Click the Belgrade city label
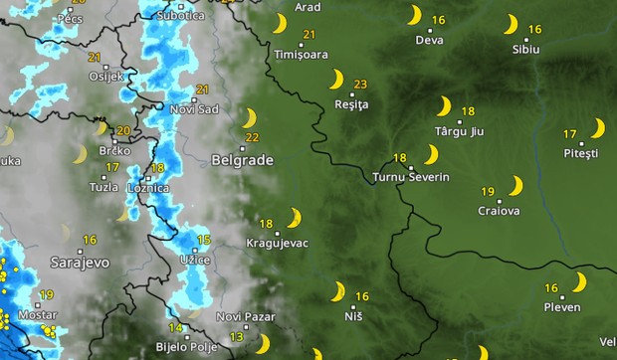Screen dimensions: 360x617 click(x=236, y=158)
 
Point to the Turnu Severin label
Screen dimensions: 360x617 click(x=410, y=177)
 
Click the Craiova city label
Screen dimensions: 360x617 click(x=498, y=211)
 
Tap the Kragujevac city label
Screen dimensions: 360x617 click(x=276, y=243)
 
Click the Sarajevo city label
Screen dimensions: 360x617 click(x=80, y=262)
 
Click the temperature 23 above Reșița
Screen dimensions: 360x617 click(x=360, y=84)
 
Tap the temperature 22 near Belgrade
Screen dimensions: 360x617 click(x=252, y=137)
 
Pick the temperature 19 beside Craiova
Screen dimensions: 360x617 click(x=488, y=191)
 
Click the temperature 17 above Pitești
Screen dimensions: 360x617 click(x=570, y=133)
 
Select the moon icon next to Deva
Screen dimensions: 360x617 click(x=414, y=16)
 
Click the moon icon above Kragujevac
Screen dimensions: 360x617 click(x=295, y=217)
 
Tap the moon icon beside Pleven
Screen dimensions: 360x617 click(x=579, y=282)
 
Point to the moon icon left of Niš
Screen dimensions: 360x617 click(x=338, y=291)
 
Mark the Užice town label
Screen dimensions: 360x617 click(x=194, y=260)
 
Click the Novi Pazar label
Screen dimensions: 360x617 click(x=242, y=316)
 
